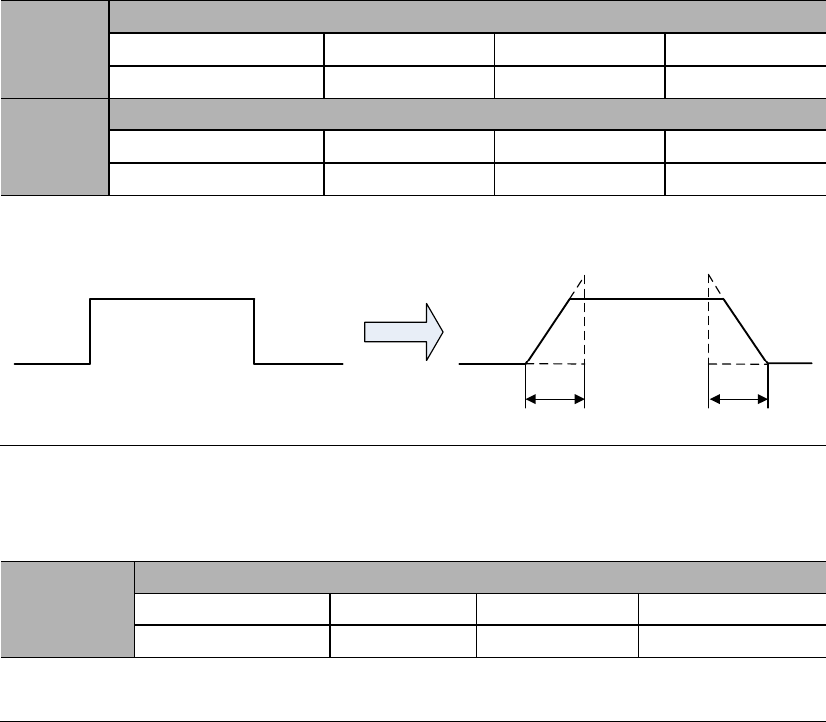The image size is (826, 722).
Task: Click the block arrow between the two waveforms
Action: coord(399,331)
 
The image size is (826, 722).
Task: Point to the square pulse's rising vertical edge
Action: coord(91,331)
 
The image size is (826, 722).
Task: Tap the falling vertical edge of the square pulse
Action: coord(255,331)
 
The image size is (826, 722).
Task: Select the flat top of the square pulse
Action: coord(172,297)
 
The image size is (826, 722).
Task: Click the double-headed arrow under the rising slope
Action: coord(555,400)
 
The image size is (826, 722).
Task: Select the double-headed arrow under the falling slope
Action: coord(738,400)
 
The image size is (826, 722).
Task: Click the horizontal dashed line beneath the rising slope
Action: coord(555,364)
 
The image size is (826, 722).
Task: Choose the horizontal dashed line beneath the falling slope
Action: coord(738,364)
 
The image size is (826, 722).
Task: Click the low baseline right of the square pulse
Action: coord(299,364)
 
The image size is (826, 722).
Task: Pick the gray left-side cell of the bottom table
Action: coord(68,609)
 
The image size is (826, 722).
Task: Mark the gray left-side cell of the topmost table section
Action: coord(54,49)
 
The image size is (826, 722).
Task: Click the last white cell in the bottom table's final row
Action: coord(730,641)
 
